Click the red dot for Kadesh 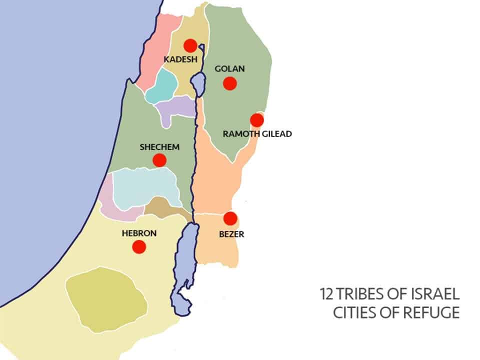190,45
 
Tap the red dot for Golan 229,83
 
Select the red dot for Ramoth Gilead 256,120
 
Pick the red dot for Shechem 159,160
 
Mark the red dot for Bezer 230,218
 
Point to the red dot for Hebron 138,246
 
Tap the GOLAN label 229,69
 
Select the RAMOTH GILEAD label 257,134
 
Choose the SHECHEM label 159,147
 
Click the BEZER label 231,233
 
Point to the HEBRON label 139,233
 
